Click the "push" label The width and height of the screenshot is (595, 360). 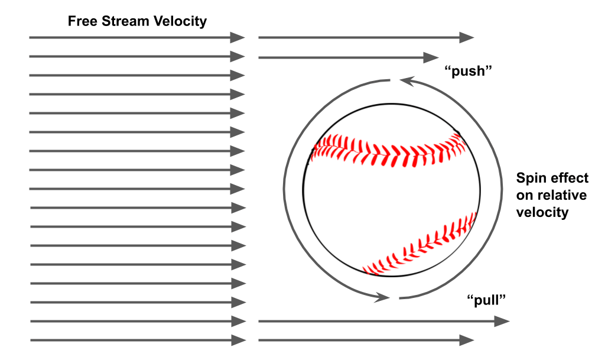click(x=468, y=72)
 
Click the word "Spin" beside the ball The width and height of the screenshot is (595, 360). click(x=530, y=179)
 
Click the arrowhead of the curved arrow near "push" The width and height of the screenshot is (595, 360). click(x=404, y=80)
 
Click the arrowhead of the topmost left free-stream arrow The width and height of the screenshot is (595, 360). click(x=238, y=38)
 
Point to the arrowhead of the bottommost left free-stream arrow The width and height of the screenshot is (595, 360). click(x=238, y=340)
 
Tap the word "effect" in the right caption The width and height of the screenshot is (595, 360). click(x=570, y=179)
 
